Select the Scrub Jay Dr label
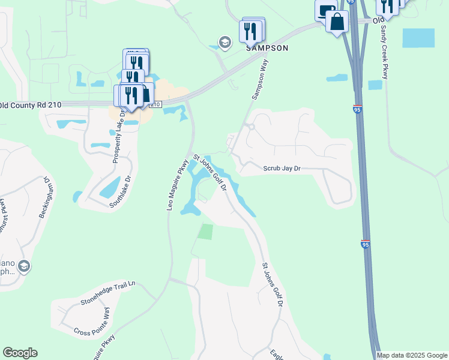(x=281, y=169)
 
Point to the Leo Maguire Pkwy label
(x=178, y=184)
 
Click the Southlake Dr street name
(x=119, y=191)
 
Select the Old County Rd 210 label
(x=31, y=104)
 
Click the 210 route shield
(x=155, y=104)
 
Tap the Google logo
(x=20, y=353)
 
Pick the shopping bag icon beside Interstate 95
(x=337, y=22)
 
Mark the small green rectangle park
(x=206, y=232)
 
